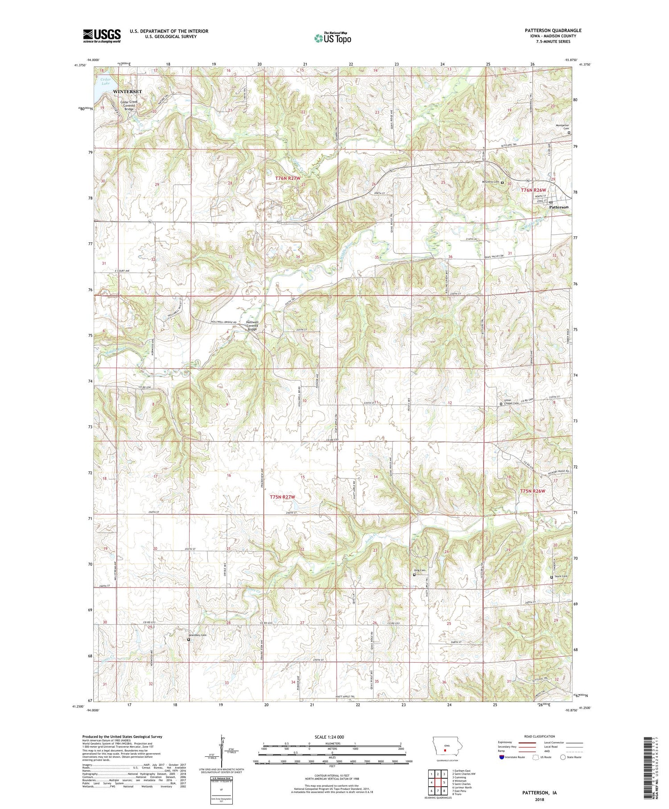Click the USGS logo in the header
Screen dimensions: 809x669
click(x=102, y=36)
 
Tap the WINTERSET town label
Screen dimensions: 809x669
click(x=127, y=91)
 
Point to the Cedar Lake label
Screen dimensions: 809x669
click(x=105, y=81)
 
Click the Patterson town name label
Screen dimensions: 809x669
click(x=558, y=207)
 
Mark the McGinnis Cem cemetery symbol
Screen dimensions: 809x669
click(x=502, y=183)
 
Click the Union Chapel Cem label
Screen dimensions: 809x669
click(x=511, y=401)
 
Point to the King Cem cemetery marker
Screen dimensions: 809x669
click(x=414, y=575)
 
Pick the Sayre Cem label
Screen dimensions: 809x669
click(x=561, y=577)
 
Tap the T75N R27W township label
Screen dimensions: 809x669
click(x=282, y=497)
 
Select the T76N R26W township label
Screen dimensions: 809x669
click(x=533, y=190)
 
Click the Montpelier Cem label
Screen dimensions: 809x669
click(x=562, y=127)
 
